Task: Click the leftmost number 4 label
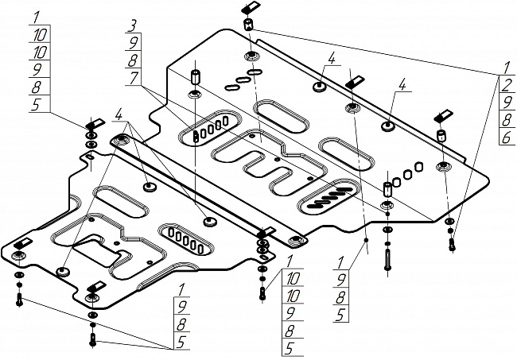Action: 119,115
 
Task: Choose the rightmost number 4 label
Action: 403,83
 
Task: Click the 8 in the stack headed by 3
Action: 136,59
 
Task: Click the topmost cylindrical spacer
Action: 247,25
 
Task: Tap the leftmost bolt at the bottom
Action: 20,301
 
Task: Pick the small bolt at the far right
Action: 452,245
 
